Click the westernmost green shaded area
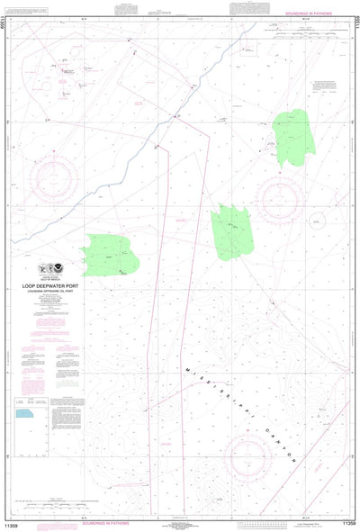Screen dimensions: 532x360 click(x=110, y=255)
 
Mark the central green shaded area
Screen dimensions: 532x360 click(x=234, y=231)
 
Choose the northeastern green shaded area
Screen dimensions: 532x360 click(x=293, y=137)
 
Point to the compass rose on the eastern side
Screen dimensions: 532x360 click(x=280, y=197)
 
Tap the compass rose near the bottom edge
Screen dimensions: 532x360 click(x=248, y=459)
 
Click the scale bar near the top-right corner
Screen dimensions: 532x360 click(x=306, y=28)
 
